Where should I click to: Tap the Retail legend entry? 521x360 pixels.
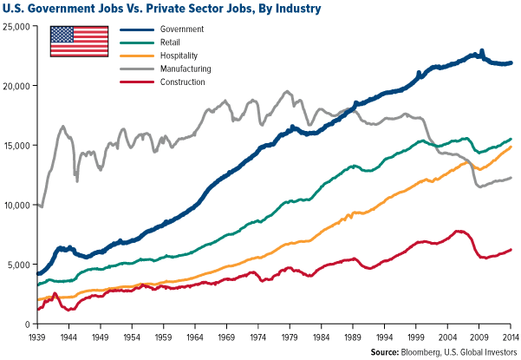[171, 42]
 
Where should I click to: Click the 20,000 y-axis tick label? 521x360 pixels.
[16, 86]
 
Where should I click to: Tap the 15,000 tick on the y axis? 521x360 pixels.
[16, 146]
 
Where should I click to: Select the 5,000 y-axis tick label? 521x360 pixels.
[19, 265]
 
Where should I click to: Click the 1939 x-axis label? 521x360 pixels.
[36, 334]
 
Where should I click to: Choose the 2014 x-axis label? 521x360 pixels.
[510, 334]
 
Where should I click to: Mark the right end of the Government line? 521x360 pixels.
[511, 62]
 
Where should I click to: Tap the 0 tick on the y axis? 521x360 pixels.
[26, 324]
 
